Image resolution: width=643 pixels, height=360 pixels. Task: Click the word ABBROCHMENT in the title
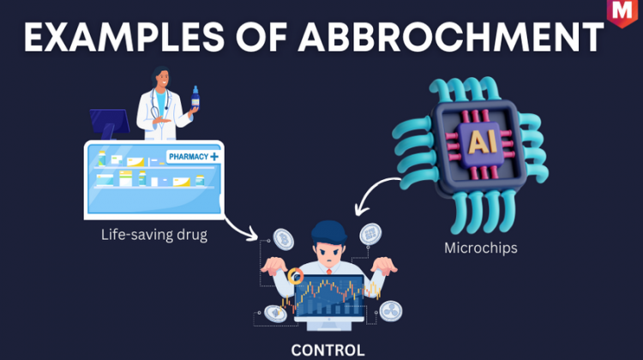tap(450, 38)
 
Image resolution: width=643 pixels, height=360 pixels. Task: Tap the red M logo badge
tap(622, 13)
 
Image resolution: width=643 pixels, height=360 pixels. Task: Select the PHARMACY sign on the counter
tap(193, 157)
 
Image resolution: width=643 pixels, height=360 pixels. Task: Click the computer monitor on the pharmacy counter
tap(110, 123)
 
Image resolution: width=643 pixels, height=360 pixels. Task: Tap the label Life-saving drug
tap(154, 235)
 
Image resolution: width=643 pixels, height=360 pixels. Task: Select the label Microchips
tap(481, 248)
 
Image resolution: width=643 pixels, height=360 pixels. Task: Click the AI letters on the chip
tap(482, 141)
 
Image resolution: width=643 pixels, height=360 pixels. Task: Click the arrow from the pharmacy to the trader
tap(240, 227)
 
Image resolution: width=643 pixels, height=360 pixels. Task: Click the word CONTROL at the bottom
tap(328, 351)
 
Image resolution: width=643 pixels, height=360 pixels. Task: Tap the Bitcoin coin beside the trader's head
tap(284, 239)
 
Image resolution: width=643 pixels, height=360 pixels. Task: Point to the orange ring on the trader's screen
tap(295, 276)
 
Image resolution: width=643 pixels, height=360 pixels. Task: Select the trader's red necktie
tap(329, 272)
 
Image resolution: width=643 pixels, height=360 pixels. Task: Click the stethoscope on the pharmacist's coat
tap(158, 105)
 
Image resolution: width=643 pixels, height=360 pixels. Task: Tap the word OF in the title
tap(261, 38)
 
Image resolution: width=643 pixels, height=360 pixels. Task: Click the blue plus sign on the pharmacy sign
tap(214, 157)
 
